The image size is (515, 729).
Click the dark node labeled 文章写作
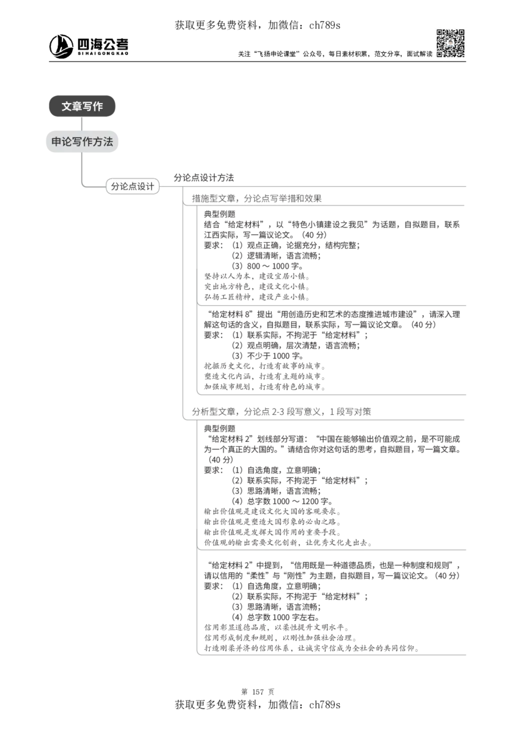click(82, 107)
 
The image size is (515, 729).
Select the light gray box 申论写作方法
click(82, 142)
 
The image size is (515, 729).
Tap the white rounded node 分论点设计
click(133, 186)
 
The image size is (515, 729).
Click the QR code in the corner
click(450, 43)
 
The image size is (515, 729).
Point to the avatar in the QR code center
click(450, 43)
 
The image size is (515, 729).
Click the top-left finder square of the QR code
click(439, 32)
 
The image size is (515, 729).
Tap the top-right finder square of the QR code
click(461, 32)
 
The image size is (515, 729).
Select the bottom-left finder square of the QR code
click(439, 54)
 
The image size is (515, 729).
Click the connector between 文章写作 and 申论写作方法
click(82, 124)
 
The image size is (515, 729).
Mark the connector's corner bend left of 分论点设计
click(82, 186)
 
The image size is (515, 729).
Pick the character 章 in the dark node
click(77, 107)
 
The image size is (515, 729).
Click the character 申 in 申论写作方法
click(57, 142)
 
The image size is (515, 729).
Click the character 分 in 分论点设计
click(115, 186)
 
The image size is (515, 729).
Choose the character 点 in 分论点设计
click(133, 186)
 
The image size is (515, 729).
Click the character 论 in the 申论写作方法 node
click(67, 142)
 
